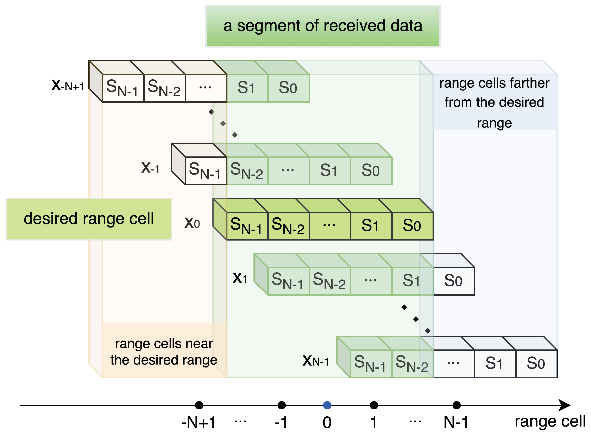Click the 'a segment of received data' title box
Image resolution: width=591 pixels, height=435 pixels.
323,26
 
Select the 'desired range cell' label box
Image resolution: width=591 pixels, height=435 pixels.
89,219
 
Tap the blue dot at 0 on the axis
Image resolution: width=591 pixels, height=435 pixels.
327,405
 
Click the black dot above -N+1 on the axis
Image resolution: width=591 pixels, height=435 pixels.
199,405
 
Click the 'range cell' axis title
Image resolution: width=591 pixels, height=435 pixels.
550,421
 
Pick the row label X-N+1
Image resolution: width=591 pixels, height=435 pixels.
68,85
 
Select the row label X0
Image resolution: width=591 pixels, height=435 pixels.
192,223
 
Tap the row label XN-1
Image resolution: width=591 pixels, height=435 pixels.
316,361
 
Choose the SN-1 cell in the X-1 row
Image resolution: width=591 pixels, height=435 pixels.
205,171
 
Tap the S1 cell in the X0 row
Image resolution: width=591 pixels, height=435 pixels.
371,226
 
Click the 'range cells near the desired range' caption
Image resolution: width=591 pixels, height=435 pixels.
164,352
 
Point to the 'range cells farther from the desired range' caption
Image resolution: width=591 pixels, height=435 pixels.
494,103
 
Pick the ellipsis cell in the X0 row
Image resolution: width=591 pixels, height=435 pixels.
329,226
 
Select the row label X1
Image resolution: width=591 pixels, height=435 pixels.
240,278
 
